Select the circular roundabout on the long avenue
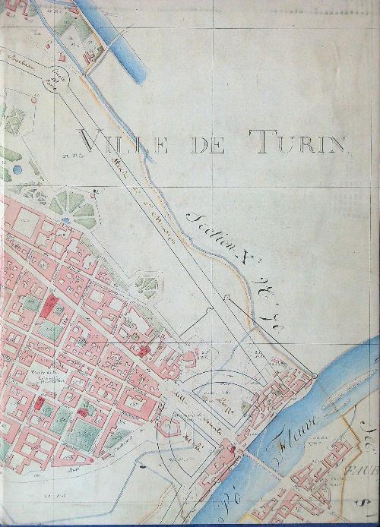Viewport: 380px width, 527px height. point(58,75)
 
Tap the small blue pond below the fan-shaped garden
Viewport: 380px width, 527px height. point(66,220)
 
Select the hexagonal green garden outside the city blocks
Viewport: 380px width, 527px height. point(145,285)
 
